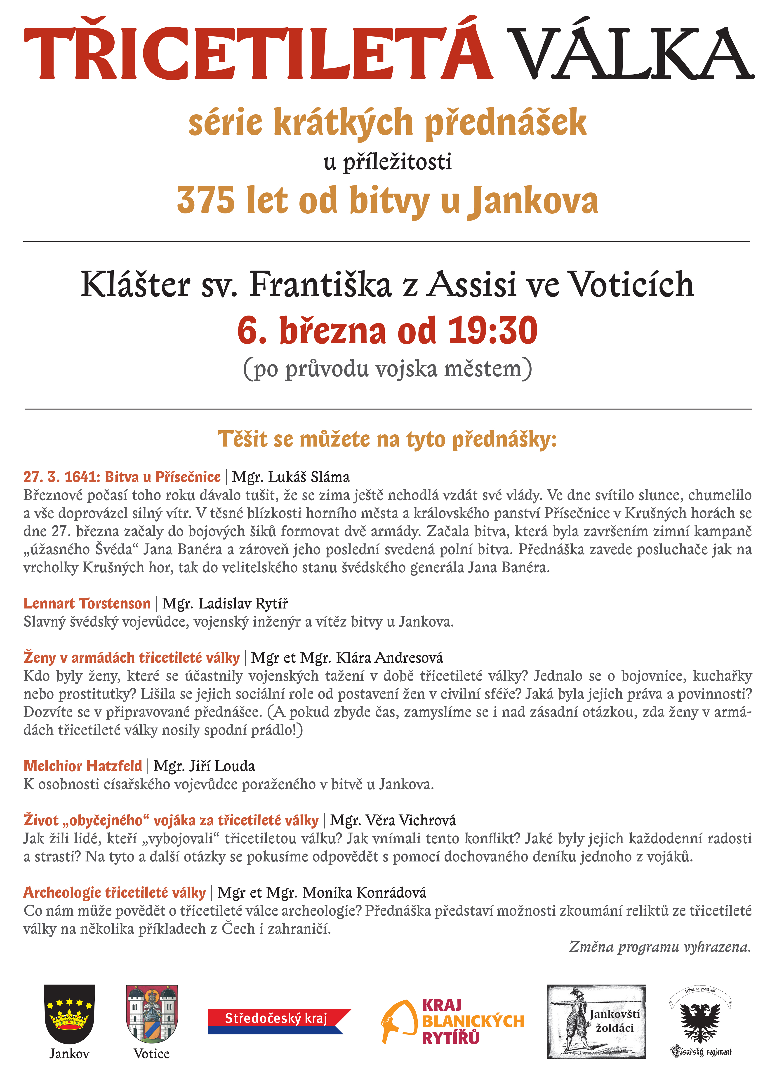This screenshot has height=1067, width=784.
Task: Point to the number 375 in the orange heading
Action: tap(205, 200)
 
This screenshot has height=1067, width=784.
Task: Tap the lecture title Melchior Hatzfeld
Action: tap(82, 766)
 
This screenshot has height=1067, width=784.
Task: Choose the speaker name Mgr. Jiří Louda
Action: tap(204, 766)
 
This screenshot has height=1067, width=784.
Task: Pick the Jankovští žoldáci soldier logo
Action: tap(596, 1021)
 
